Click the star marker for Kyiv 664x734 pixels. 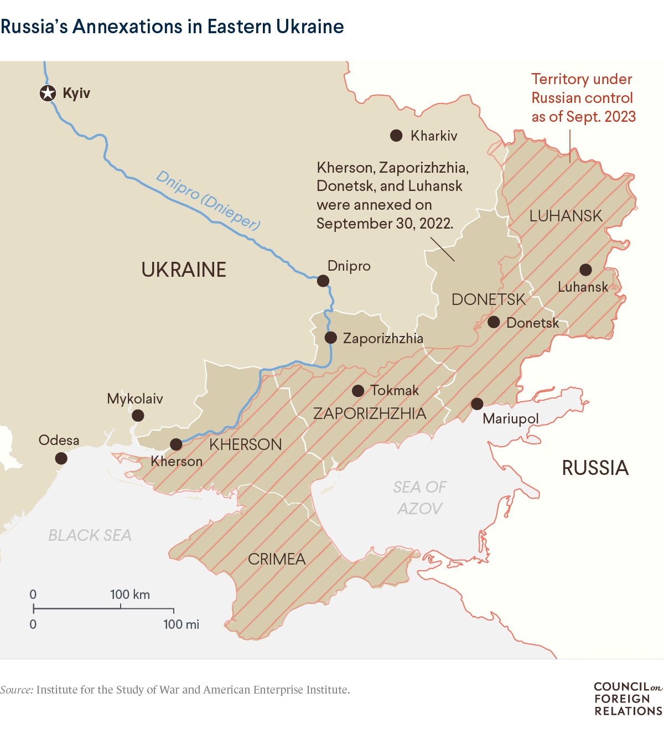click(x=48, y=94)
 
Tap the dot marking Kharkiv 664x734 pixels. click(x=396, y=136)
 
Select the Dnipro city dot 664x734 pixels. click(x=323, y=281)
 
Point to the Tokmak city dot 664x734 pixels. click(x=358, y=391)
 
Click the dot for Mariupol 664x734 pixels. click(x=477, y=404)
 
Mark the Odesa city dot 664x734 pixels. click(x=61, y=458)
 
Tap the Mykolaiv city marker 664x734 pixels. click(x=138, y=415)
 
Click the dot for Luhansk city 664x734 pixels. click(x=585, y=270)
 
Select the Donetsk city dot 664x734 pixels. click(x=494, y=322)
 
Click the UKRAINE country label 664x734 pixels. click(x=184, y=270)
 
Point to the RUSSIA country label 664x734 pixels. click(x=595, y=468)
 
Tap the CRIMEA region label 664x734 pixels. click(x=277, y=559)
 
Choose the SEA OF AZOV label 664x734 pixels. click(x=420, y=498)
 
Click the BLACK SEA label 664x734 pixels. click(x=90, y=535)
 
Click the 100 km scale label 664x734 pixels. click(x=130, y=595)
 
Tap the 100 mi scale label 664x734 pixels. click(x=181, y=624)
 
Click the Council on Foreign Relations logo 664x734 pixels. click(x=627, y=699)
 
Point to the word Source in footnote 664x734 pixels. click(x=17, y=690)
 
